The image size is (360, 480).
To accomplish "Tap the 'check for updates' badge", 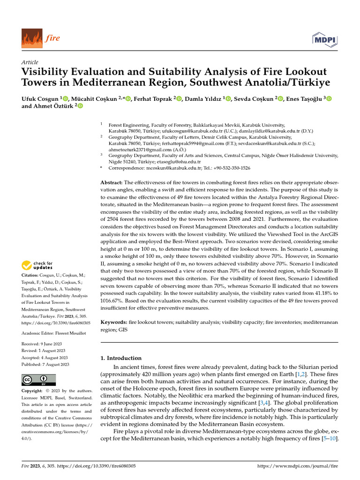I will click(38, 266).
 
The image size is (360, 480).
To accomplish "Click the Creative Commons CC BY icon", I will click(38, 379).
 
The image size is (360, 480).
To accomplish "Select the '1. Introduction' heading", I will click(121, 358).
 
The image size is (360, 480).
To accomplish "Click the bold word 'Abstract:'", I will click(112, 182).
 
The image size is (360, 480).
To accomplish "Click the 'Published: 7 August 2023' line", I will click(45, 364).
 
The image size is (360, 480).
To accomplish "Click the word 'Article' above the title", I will click(30, 62).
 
